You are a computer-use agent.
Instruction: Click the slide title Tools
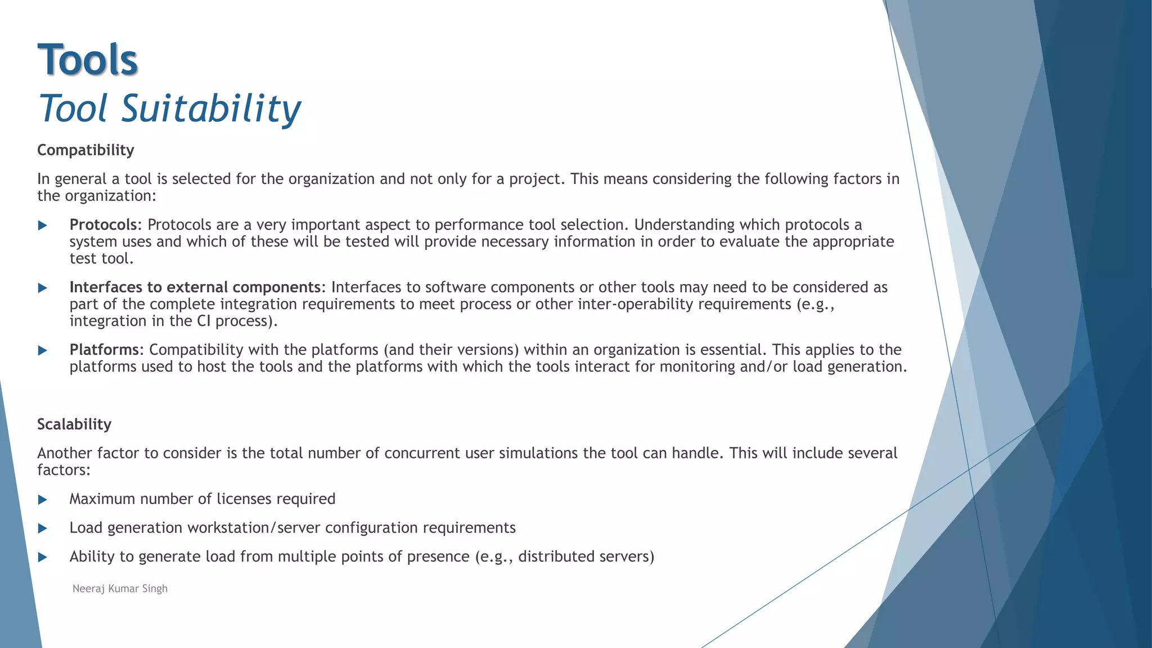click(88, 60)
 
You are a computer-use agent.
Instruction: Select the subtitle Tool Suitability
click(169, 108)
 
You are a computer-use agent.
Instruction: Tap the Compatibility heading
click(85, 150)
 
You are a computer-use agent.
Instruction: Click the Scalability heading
click(74, 424)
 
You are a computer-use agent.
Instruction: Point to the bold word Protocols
click(103, 225)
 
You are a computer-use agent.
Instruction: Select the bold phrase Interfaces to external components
click(195, 287)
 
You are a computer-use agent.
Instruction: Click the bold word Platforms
click(104, 350)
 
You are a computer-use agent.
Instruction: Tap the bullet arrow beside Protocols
click(42, 226)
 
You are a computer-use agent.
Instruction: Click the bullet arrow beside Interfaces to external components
click(42, 288)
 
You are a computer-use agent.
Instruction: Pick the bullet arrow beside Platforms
click(42, 350)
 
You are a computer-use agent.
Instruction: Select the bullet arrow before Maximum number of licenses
click(42, 499)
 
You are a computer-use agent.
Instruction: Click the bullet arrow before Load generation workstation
click(42, 528)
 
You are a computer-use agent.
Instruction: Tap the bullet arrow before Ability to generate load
click(42, 557)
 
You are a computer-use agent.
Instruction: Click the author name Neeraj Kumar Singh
click(120, 588)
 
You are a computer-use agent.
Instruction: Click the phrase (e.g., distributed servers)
click(565, 556)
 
